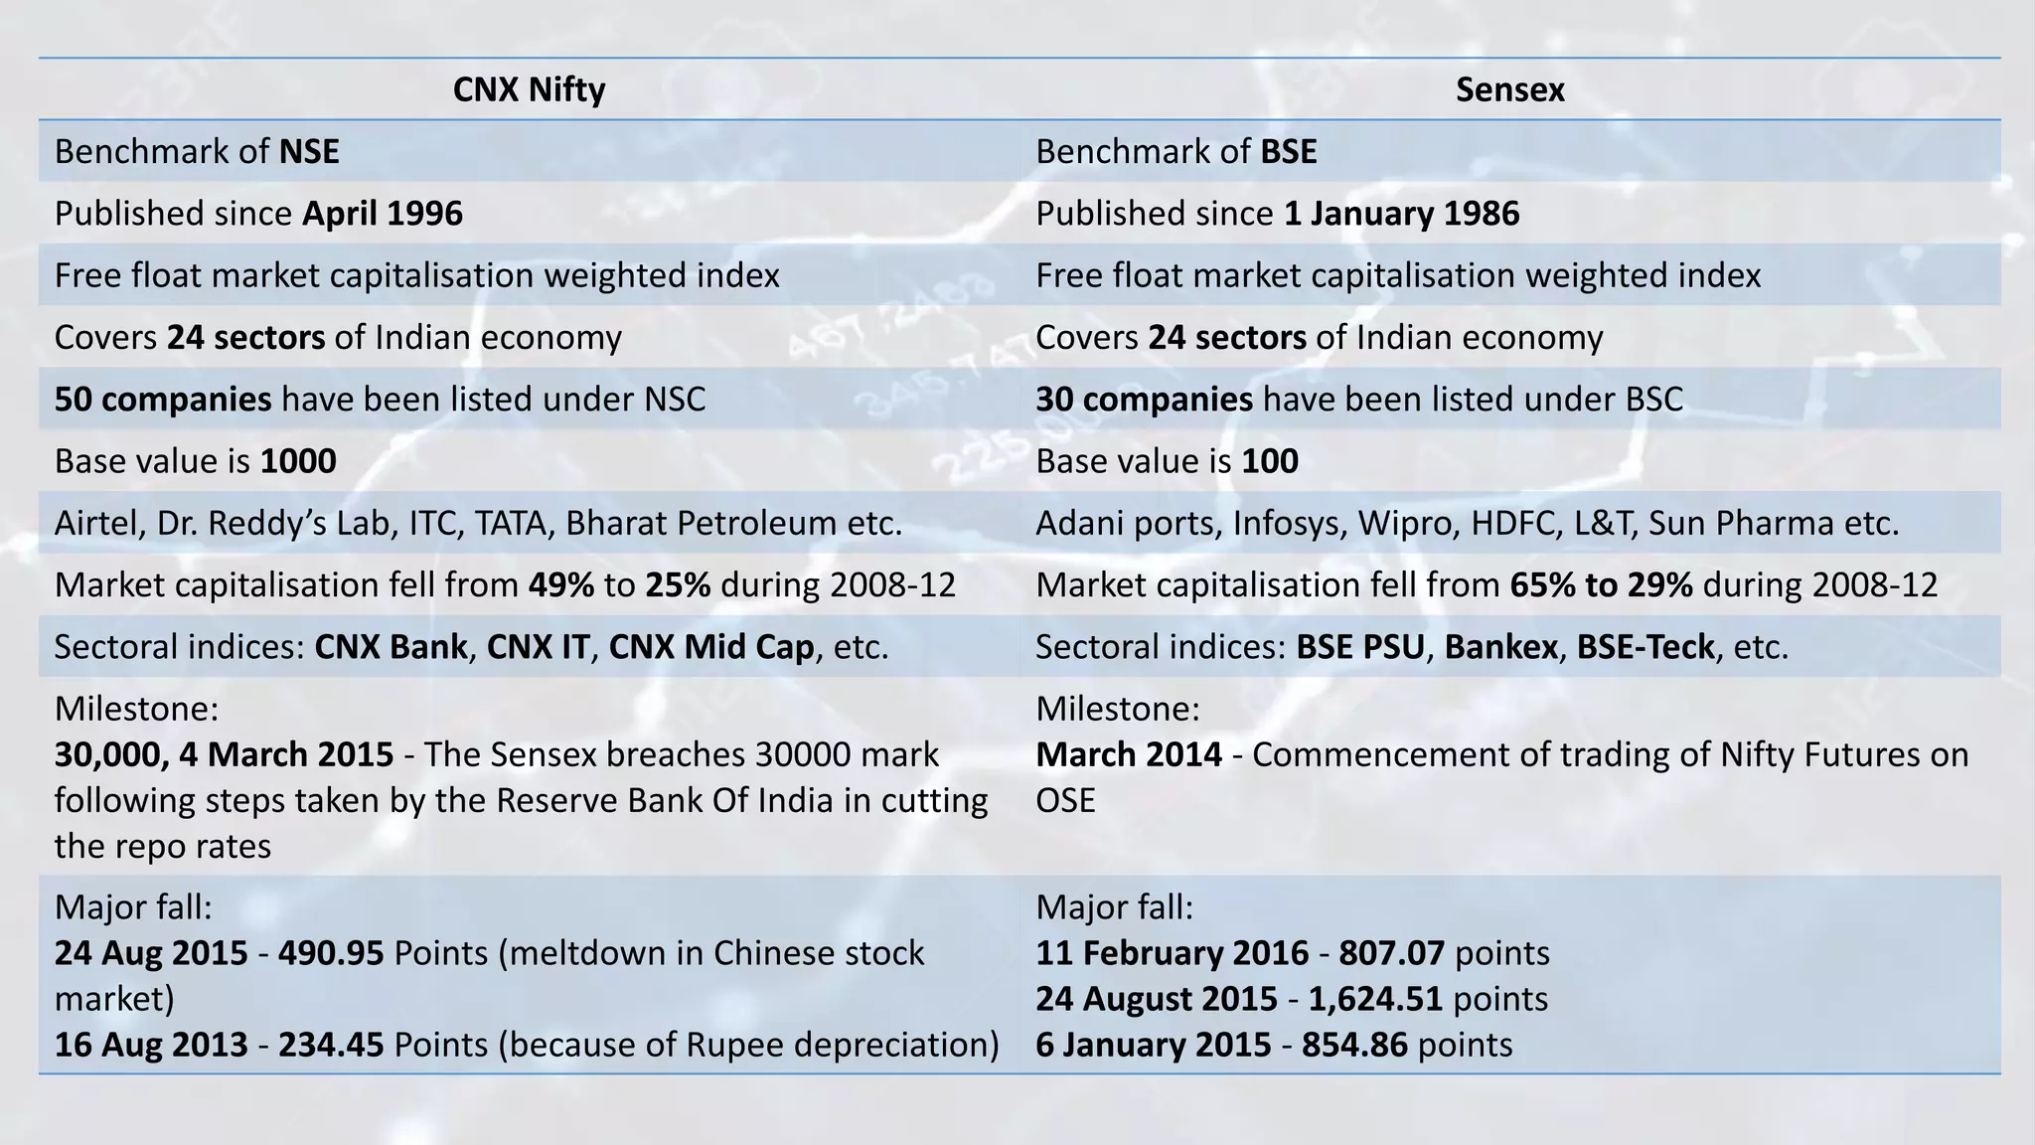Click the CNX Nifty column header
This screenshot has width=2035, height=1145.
click(x=529, y=90)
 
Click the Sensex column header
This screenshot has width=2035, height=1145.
click(x=1509, y=90)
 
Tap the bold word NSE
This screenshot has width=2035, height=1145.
click(x=309, y=152)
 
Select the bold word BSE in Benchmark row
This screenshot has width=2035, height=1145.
click(x=1289, y=152)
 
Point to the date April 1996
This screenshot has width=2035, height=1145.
click(x=383, y=214)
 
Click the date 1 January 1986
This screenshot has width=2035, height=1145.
click(x=1401, y=214)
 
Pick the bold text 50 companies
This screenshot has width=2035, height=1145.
click(x=163, y=400)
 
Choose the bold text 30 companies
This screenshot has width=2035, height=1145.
click(x=1144, y=400)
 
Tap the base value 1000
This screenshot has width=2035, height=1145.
click(x=298, y=461)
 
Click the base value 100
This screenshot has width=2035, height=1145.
click(x=1270, y=461)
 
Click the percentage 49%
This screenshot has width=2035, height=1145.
click(x=560, y=585)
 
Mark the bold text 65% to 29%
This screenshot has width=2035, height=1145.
click(x=1601, y=585)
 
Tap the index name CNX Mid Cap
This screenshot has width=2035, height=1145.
click(x=710, y=647)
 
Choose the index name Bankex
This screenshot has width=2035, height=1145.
click(x=1500, y=647)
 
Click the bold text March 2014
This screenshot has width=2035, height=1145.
click(x=1129, y=755)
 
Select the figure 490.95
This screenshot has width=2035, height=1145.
click(x=331, y=954)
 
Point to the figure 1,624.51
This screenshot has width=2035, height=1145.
click(x=1375, y=999)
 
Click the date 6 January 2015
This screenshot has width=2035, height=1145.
click(x=1153, y=1045)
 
